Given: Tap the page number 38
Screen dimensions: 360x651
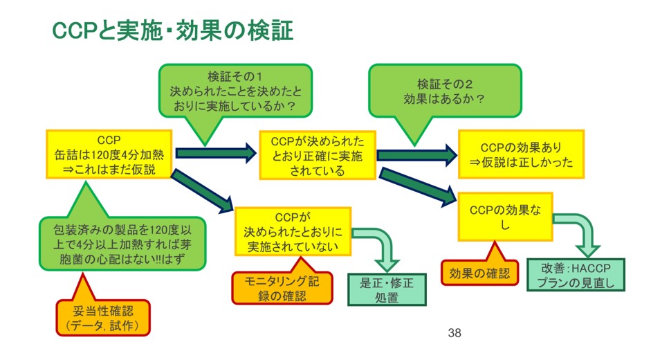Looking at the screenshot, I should (x=454, y=334).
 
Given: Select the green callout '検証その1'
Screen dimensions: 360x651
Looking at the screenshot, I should (x=235, y=90).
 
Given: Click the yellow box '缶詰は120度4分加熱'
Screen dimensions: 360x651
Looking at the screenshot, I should (x=109, y=154).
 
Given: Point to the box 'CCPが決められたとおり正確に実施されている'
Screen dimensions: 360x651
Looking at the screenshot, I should (x=317, y=155).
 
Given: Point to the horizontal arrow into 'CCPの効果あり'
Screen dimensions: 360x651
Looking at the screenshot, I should (x=416, y=154).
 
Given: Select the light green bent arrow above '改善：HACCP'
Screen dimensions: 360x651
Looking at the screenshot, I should (x=580, y=231).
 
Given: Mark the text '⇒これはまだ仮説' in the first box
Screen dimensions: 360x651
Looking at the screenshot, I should (x=109, y=168).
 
